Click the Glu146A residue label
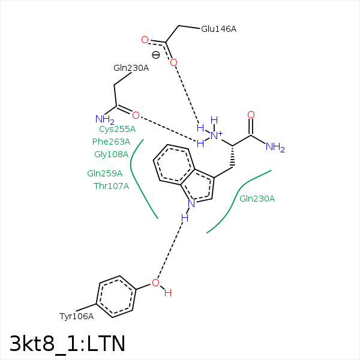[218, 29]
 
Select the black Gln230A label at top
[131, 68]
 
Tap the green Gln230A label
[257, 199]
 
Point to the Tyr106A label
[76, 316]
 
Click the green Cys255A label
[117, 129]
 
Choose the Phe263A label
[111, 142]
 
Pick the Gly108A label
[111, 154]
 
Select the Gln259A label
[104, 173]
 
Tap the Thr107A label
[111, 186]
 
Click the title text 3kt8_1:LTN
[67, 343]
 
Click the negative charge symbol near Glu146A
[155, 55]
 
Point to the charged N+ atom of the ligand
[215, 136]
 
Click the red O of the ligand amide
[251, 115]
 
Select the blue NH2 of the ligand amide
[275, 148]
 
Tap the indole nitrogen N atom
[191, 203]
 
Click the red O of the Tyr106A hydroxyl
[155, 283]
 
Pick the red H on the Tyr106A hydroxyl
[168, 293]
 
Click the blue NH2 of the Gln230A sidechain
[104, 120]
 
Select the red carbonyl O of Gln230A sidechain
[136, 115]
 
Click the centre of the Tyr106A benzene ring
[116, 296]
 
